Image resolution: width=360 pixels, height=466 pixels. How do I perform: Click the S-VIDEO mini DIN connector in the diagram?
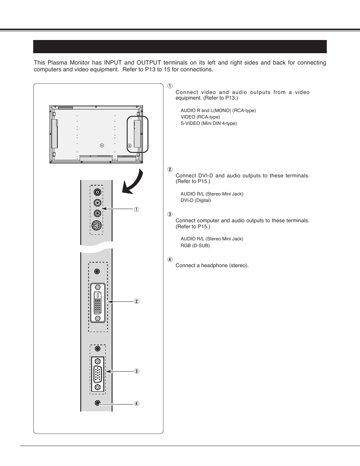click(97, 226)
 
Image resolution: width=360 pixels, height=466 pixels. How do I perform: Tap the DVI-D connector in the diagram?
click(98, 303)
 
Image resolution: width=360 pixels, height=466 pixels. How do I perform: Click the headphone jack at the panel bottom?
click(97, 403)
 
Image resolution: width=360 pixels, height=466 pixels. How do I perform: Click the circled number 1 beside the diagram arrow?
click(137, 209)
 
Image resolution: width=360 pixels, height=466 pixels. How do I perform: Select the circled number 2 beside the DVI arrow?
click(137, 301)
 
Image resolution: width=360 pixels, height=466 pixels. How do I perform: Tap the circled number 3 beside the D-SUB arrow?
click(137, 371)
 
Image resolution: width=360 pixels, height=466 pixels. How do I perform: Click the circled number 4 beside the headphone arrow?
click(137, 404)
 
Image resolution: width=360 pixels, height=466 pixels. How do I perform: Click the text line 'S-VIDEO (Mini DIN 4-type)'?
click(208, 123)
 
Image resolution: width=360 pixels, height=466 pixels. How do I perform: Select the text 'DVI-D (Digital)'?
click(195, 200)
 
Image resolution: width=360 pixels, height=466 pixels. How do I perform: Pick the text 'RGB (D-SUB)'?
click(195, 246)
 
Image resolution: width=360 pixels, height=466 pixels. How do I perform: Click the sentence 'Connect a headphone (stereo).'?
click(212, 266)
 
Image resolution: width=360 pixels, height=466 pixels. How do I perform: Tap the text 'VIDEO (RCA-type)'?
click(200, 117)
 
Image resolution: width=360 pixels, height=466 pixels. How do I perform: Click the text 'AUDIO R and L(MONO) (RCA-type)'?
click(218, 111)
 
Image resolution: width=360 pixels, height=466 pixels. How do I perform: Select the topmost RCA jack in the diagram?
click(97, 192)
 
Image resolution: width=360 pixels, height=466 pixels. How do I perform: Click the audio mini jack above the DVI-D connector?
click(97, 271)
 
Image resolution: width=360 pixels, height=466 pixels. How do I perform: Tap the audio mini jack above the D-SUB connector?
click(97, 349)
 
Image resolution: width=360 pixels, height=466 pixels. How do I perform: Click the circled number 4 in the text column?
click(170, 260)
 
